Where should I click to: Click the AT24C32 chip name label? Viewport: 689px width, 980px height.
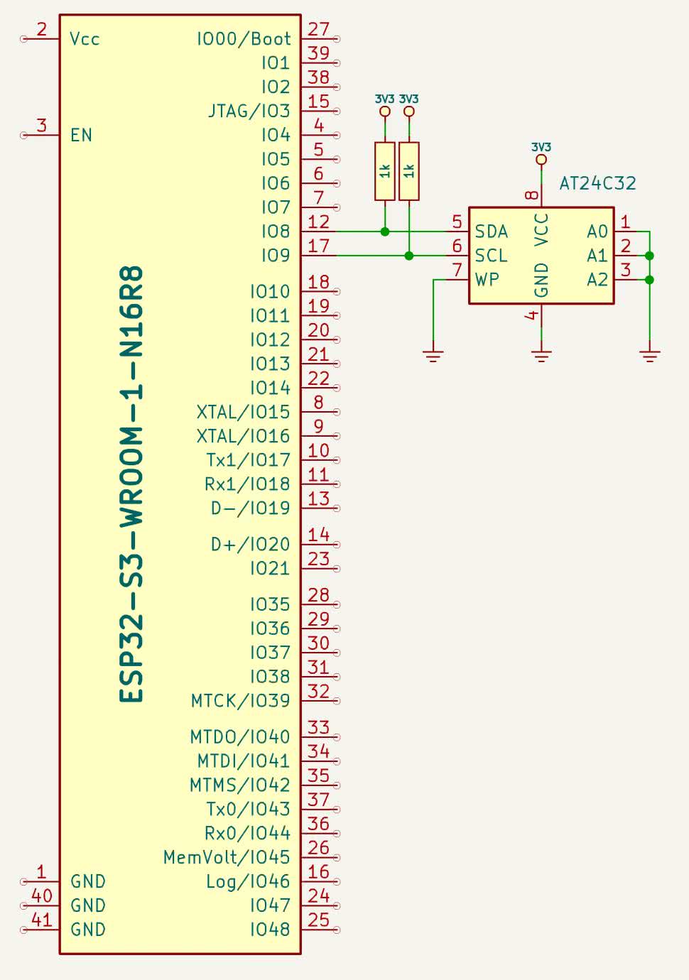(x=597, y=183)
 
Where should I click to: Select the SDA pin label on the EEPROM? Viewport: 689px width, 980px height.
(x=491, y=232)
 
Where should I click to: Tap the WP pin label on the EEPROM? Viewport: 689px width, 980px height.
(x=487, y=280)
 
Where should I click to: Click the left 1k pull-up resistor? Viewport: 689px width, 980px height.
(x=385, y=170)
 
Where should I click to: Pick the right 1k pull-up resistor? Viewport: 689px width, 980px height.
(x=409, y=170)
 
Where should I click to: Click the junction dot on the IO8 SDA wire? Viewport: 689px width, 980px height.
(x=385, y=232)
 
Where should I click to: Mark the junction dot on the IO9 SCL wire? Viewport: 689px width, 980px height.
(x=409, y=256)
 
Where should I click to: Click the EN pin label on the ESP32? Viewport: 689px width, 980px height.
(x=81, y=135)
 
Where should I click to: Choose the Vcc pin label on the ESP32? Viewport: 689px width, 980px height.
(x=85, y=39)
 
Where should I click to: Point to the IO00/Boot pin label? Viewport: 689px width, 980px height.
(x=244, y=39)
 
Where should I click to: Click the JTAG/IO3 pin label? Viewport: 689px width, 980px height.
(x=249, y=111)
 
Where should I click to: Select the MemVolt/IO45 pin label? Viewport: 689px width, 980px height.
(x=227, y=857)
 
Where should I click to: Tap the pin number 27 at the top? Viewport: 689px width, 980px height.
(x=318, y=29)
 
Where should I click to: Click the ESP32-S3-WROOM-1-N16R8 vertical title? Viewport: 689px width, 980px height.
(x=132, y=484)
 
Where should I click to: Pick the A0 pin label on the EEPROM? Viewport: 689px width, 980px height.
(x=597, y=232)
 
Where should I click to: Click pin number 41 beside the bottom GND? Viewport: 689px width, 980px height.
(x=42, y=920)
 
